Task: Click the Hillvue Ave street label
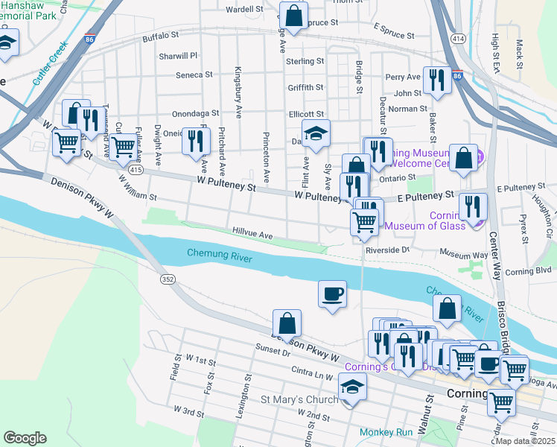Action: (x=252, y=233)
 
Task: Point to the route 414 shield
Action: (x=458, y=38)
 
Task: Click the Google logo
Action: (x=25, y=437)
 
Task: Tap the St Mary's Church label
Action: (x=299, y=399)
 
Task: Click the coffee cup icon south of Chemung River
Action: (x=332, y=293)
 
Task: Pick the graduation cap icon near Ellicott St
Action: (x=316, y=134)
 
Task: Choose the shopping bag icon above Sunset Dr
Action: (x=287, y=323)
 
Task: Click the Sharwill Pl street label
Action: (x=177, y=56)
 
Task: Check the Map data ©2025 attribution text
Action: (x=526, y=440)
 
